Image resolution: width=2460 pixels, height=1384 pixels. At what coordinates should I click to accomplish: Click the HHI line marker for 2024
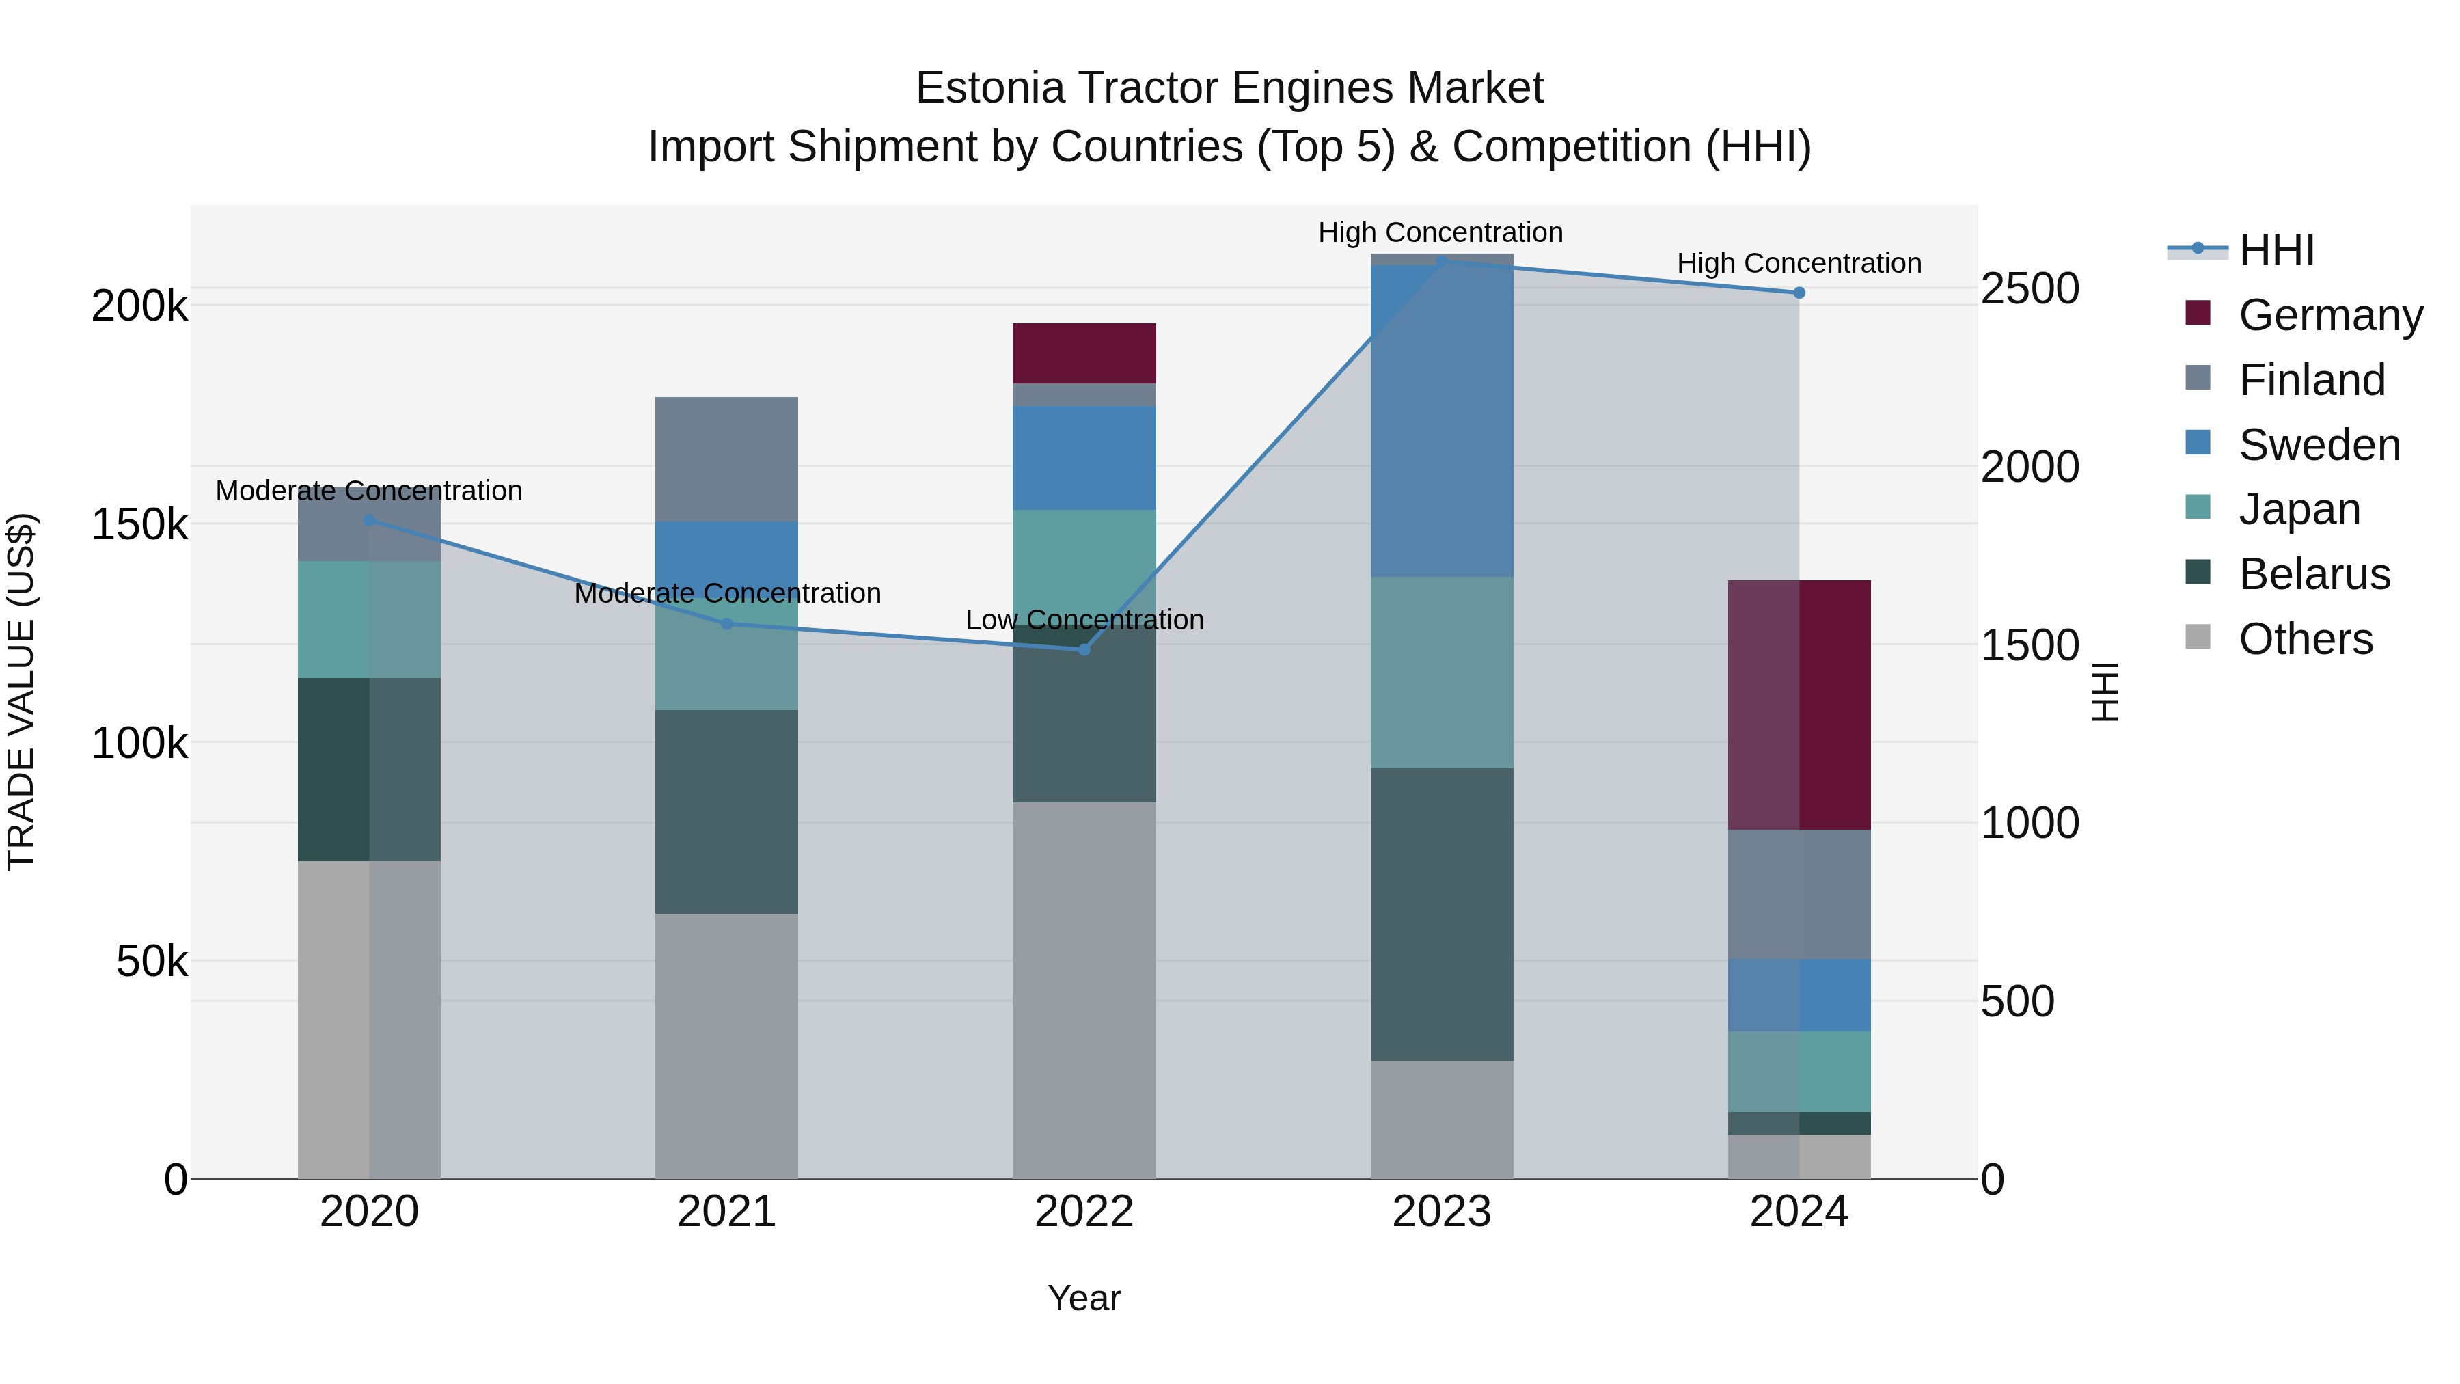point(1799,293)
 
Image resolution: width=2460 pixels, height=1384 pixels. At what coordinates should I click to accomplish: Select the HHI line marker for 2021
point(727,624)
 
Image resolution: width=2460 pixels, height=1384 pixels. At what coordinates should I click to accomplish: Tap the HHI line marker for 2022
point(1084,649)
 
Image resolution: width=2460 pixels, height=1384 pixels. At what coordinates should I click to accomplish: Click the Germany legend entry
point(2330,315)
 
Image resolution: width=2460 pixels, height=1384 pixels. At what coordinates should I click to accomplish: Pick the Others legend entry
point(2306,639)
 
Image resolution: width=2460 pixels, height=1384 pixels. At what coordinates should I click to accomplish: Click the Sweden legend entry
point(2319,445)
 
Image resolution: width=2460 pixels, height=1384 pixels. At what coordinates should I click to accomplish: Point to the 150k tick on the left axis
point(139,524)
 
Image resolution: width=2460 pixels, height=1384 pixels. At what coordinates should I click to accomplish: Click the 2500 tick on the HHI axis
point(2029,288)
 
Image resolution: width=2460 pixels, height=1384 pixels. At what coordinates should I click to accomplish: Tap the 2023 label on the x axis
point(1441,1212)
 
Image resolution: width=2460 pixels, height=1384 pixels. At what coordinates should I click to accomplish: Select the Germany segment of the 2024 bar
point(1799,705)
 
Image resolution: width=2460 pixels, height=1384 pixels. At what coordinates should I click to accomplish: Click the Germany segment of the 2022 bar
point(1084,353)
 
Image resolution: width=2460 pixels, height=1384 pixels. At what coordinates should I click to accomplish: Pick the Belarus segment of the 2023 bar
point(1441,914)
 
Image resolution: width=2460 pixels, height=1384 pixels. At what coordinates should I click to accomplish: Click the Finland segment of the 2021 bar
point(727,459)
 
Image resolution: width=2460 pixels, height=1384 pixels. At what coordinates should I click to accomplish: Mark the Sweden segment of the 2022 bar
point(1084,457)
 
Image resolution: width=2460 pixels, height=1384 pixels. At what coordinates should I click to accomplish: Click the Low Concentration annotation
point(1084,620)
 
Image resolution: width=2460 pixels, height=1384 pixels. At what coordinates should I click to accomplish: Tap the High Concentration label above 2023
point(1440,232)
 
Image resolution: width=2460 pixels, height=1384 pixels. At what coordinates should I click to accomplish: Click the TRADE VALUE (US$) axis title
point(21,692)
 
